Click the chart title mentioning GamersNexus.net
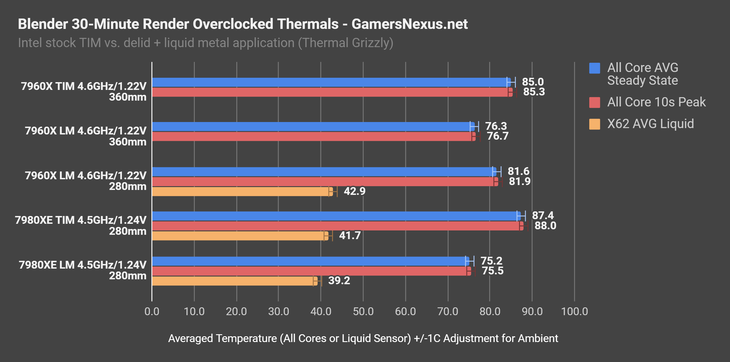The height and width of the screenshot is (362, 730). pos(242,24)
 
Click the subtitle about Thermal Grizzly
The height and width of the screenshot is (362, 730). pos(205,43)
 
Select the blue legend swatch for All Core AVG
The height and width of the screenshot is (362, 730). pos(594,68)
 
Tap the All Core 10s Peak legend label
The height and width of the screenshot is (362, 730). pos(656,102)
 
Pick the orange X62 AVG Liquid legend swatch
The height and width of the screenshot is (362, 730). pos(594,124)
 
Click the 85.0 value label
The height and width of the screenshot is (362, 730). pos(533,82)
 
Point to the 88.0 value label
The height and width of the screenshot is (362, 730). pos(545,226)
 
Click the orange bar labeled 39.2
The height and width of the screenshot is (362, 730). pos(234,281)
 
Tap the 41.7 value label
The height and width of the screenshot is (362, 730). pos(350,235)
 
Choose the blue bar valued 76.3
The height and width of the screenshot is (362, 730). pos(312,127)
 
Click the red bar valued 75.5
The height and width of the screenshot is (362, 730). pos(311,271)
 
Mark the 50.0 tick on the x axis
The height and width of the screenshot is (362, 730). pos(363,311)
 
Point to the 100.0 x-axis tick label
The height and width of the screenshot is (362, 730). pos(574,311)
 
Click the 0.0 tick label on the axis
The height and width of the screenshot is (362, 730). pos(152,311)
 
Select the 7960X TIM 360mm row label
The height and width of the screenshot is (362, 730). pos(84,91)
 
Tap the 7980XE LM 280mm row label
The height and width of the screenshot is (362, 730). pos(83,270)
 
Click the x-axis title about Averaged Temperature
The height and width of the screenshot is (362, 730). pos(363,338)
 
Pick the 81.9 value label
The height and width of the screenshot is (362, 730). pos(519,181)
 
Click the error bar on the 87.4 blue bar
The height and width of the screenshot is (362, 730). pos(521,216)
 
